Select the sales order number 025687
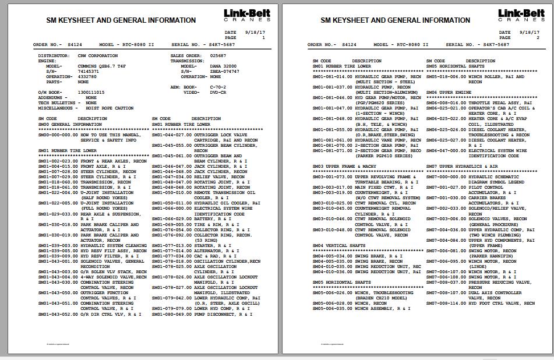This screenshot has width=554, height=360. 218,55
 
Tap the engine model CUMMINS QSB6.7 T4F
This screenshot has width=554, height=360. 98,66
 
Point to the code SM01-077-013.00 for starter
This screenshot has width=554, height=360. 172,245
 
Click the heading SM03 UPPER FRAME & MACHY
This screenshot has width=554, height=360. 344,166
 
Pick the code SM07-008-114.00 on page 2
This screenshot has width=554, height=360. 446,303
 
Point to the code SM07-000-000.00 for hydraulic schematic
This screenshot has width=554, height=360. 446,177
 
